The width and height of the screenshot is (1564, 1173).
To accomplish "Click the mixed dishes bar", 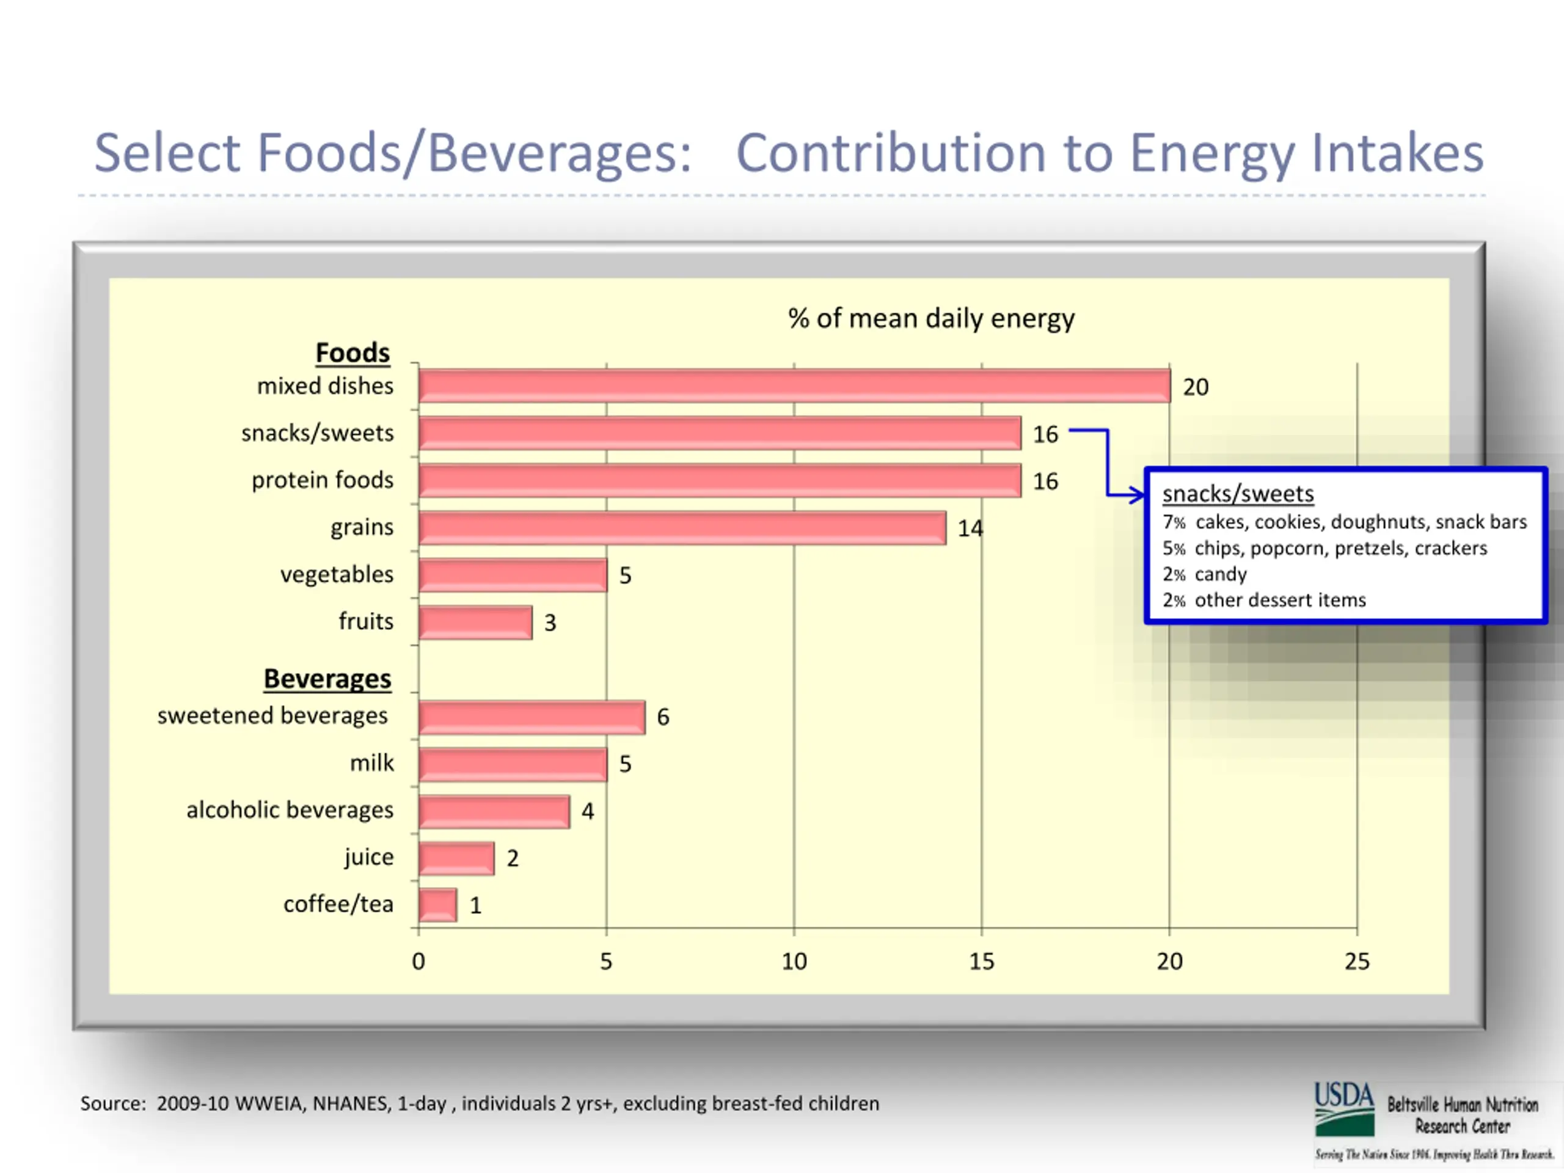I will [794, 386].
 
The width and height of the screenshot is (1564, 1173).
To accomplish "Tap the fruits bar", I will [475, 622].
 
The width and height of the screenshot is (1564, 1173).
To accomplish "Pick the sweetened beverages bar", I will [532, 717].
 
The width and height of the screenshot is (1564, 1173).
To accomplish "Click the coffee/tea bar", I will [437, 905].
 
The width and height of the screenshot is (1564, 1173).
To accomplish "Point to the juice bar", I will [456, 858].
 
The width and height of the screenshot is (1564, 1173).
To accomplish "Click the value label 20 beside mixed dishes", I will [1196, 387].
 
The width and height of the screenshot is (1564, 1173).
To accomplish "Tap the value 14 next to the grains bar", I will [970, 528].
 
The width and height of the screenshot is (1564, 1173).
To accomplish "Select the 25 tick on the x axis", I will [1356, 962].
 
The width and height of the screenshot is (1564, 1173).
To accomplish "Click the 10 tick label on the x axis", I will [794, 962].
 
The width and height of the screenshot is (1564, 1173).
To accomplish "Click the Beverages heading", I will [327, 679].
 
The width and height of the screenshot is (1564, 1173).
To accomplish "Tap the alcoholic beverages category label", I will [290, 809].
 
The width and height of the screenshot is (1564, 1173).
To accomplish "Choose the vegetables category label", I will [337, 574].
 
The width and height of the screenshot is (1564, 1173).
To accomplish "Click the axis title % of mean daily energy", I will [931, 318].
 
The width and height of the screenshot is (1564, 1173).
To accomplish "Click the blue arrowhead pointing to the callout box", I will [1137, 495].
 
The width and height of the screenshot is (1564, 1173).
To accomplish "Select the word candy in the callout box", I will [1221, 574].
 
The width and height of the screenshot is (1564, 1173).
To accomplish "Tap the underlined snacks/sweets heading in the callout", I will [1237, 494].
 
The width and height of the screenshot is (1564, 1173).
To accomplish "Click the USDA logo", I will [1344, 1109].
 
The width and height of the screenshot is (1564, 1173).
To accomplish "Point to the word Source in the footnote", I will [112, 1104].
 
